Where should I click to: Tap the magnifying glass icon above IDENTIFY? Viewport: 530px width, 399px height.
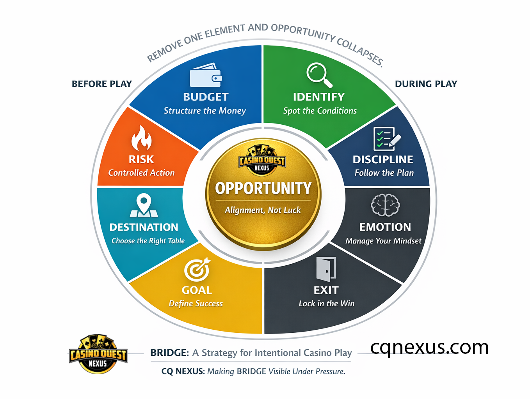click(319, 75)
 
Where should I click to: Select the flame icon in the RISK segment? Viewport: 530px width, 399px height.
click(141, 138)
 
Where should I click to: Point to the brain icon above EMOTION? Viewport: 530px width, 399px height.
click(385, 205)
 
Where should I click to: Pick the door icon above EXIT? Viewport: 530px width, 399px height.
click(326, 269)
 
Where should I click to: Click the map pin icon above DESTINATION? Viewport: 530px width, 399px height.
click(144, 205)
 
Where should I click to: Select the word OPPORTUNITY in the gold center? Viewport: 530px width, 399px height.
click(263, 189)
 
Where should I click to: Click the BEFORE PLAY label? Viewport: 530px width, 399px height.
click(102, 84)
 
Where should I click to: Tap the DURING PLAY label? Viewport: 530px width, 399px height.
click(426, 84)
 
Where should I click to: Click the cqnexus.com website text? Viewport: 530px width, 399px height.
click(429, 347)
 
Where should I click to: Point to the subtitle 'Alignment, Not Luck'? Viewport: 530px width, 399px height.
click(263, 210)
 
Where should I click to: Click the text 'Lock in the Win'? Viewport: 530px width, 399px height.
click(327, 304)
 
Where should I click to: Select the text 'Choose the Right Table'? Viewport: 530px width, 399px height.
click(148, 241)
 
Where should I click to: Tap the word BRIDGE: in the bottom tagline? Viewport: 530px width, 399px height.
click(169, 353)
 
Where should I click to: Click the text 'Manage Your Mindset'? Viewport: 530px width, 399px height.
click(383, 241)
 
